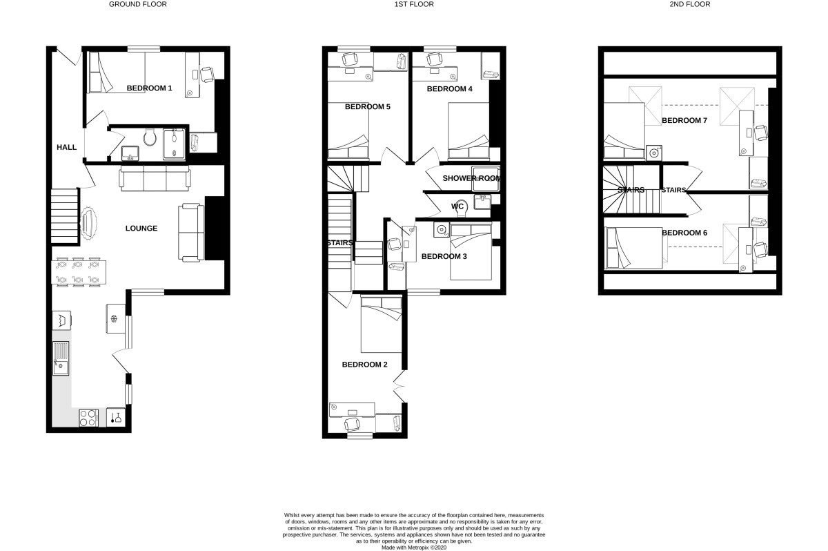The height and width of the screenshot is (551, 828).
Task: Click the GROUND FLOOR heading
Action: coord(137,4)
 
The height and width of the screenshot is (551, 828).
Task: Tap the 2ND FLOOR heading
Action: coord(690,4)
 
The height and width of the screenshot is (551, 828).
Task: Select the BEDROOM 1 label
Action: coord(149,88)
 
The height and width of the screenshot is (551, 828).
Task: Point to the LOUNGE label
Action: coord(141,228)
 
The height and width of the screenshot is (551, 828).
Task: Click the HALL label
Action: coord(66,147)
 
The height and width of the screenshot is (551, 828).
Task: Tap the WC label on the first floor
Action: coord(457,206)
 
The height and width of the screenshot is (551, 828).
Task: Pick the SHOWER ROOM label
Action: coord(471,178)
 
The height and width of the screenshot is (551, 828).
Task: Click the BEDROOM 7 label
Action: coord(684,121)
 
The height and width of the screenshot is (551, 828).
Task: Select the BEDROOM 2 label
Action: coord(364,365)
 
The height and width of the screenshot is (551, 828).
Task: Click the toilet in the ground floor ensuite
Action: coord(150,137)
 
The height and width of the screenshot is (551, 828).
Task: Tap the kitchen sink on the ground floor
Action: coord(61,358)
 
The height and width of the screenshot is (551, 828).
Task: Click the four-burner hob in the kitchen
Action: coord(89,418)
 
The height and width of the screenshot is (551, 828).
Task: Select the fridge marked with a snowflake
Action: coord(116,318)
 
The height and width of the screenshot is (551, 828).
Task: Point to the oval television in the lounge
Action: coord(88,223)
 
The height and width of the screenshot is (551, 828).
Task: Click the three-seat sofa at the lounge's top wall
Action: coord(155,178)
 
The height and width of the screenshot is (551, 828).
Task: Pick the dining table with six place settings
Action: coord(79,272)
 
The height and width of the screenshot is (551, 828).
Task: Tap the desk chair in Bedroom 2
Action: coord(353,425)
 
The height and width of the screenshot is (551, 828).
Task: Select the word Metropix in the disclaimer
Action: coord(417,548)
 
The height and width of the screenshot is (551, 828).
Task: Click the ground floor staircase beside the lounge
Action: coord(64,216)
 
